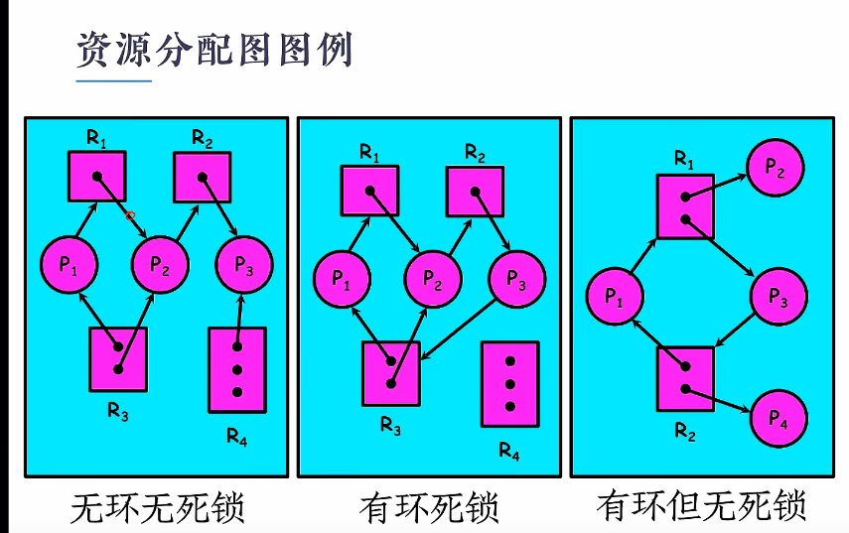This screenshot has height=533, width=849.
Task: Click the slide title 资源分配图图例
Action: (x=214, y=50)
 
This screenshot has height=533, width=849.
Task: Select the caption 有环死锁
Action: (x=429, y=508)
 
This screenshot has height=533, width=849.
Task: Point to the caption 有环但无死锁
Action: (x=701, y=506)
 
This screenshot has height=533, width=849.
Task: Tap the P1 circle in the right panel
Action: (x=615, y=296)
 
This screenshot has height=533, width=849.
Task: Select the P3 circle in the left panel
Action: (x=244, y=264)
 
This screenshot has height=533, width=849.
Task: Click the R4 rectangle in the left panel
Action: (x=237, y=369)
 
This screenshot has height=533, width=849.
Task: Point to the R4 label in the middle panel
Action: (x=508, y=453)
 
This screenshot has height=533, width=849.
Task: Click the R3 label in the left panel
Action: (x=118, y=414)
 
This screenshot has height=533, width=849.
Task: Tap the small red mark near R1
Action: (x=130, y=214)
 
